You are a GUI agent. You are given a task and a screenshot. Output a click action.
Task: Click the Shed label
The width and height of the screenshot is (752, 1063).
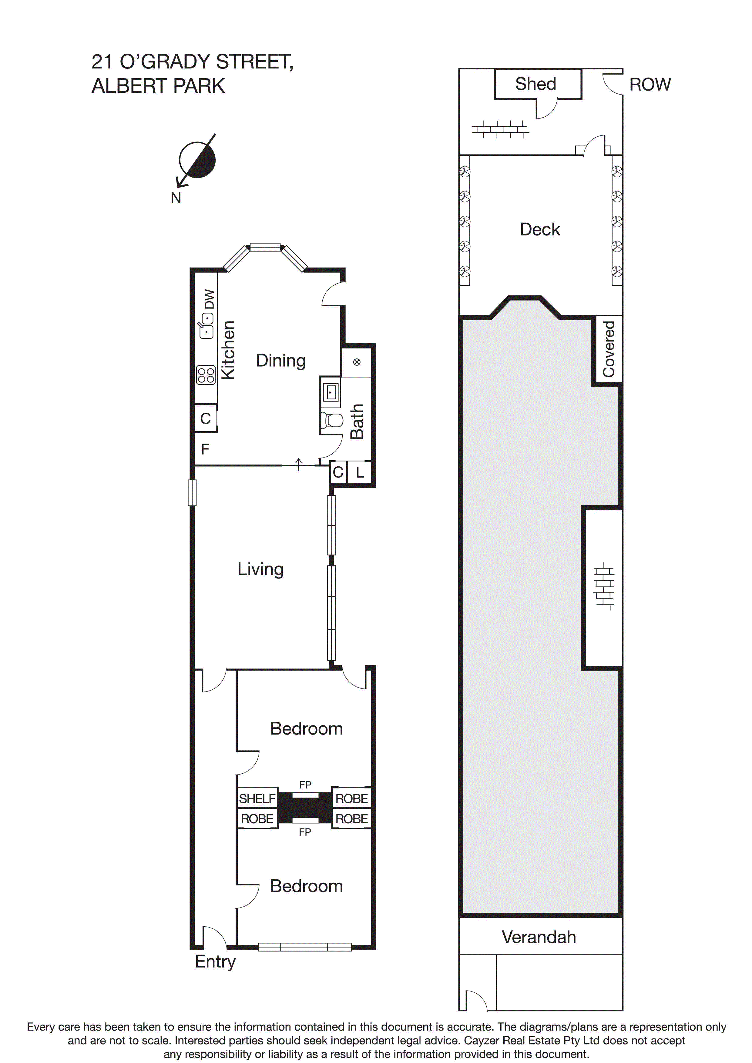(x=535, y=84)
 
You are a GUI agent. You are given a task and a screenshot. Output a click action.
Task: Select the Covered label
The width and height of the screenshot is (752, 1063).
(x=608, y=348)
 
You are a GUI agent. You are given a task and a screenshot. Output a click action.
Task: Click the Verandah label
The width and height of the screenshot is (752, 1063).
(x=539, y=937)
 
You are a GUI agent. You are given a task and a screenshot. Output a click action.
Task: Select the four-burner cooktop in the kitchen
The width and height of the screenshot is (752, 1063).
(x=206, y=375)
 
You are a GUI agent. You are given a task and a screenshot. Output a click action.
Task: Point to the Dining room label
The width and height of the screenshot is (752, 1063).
(x=281, y=361)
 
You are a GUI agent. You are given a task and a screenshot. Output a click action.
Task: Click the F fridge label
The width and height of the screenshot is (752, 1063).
(x=205, y=449)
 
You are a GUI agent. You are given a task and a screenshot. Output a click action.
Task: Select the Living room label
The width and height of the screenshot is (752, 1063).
(x=260, y=569)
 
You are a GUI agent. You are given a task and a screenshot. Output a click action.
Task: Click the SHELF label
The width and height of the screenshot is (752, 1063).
(x=257, y=799)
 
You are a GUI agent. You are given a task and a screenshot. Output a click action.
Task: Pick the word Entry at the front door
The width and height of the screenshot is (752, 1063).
(x=215, y=961)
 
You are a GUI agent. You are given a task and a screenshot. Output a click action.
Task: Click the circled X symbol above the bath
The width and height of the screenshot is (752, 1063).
(x=356, y=362)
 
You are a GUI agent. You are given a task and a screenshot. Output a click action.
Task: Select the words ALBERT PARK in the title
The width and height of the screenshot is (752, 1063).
(x=158, y=86)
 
